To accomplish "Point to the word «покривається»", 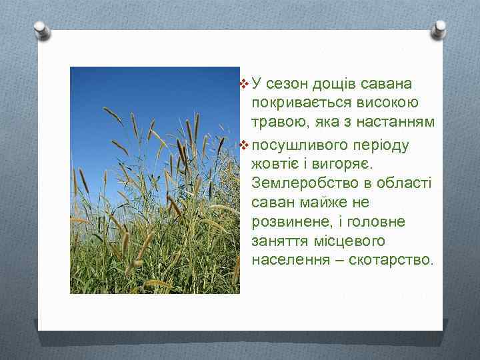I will pyautogui.click(x=294, y=103).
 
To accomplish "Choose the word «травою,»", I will pyautogui.click(x=276, y=123).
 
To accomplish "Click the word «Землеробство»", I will pyautogui.click(x=299, y=183).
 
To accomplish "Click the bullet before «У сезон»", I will pyautogui.click(x=243, y=85).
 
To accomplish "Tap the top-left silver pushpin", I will pyautogui.click(x=42, y=30).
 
